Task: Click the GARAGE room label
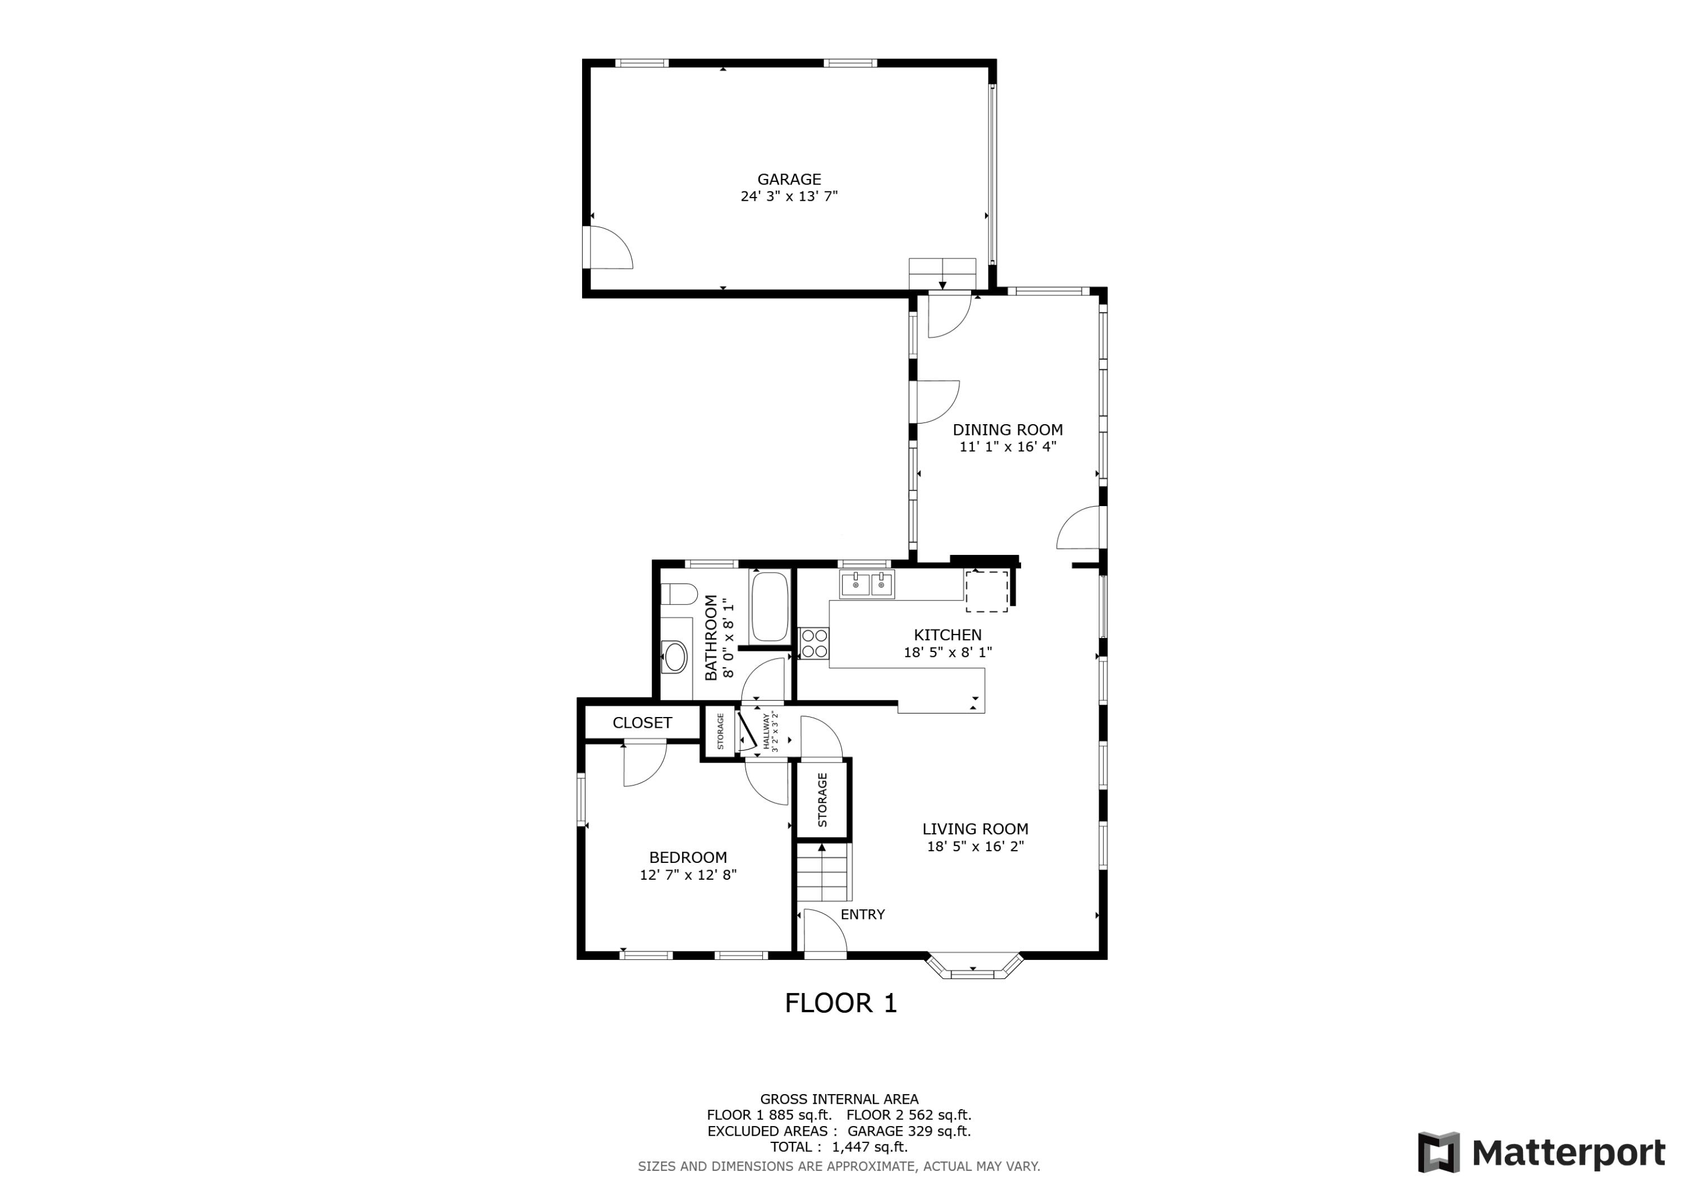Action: (x=789, y=179)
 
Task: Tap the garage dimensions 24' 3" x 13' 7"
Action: (x=789, y=196)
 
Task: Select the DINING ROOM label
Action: (x=1007, y=430)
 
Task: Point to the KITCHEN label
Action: (x=947, y=635)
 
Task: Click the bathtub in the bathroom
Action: (x=770, y=607)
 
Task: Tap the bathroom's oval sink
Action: (x=674, y=657)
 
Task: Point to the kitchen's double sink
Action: (x=867, y=585)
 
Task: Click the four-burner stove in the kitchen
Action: (x=813, y=644)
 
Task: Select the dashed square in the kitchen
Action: (x=986, y=591)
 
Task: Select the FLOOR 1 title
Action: (x=840, y=1003)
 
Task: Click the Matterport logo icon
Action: (x=1438, y=1152)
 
